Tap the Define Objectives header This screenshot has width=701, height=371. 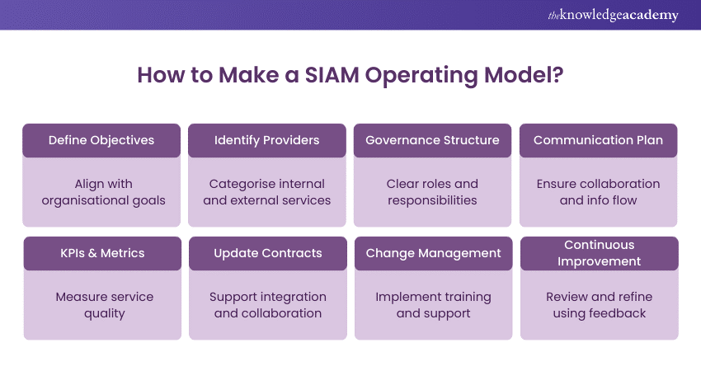click(x=101, y=140)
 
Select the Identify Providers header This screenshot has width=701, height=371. click(x=267, y=140)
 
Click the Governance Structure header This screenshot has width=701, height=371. click(x=432, y=140)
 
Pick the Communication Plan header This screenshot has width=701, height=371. click(x=598, y=140)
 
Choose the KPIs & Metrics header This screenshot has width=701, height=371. click(x=102, y=253)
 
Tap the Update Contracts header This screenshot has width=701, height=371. click(x=268, y=253)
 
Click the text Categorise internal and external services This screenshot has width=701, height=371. click(x=267, y=191)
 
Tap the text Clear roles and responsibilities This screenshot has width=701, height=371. click(x=432, y=191)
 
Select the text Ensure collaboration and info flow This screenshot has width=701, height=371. click(x=598, y=191)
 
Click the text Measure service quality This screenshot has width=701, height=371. click(x=102, y=304)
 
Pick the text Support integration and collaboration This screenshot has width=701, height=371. click(x=268, y=304)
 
